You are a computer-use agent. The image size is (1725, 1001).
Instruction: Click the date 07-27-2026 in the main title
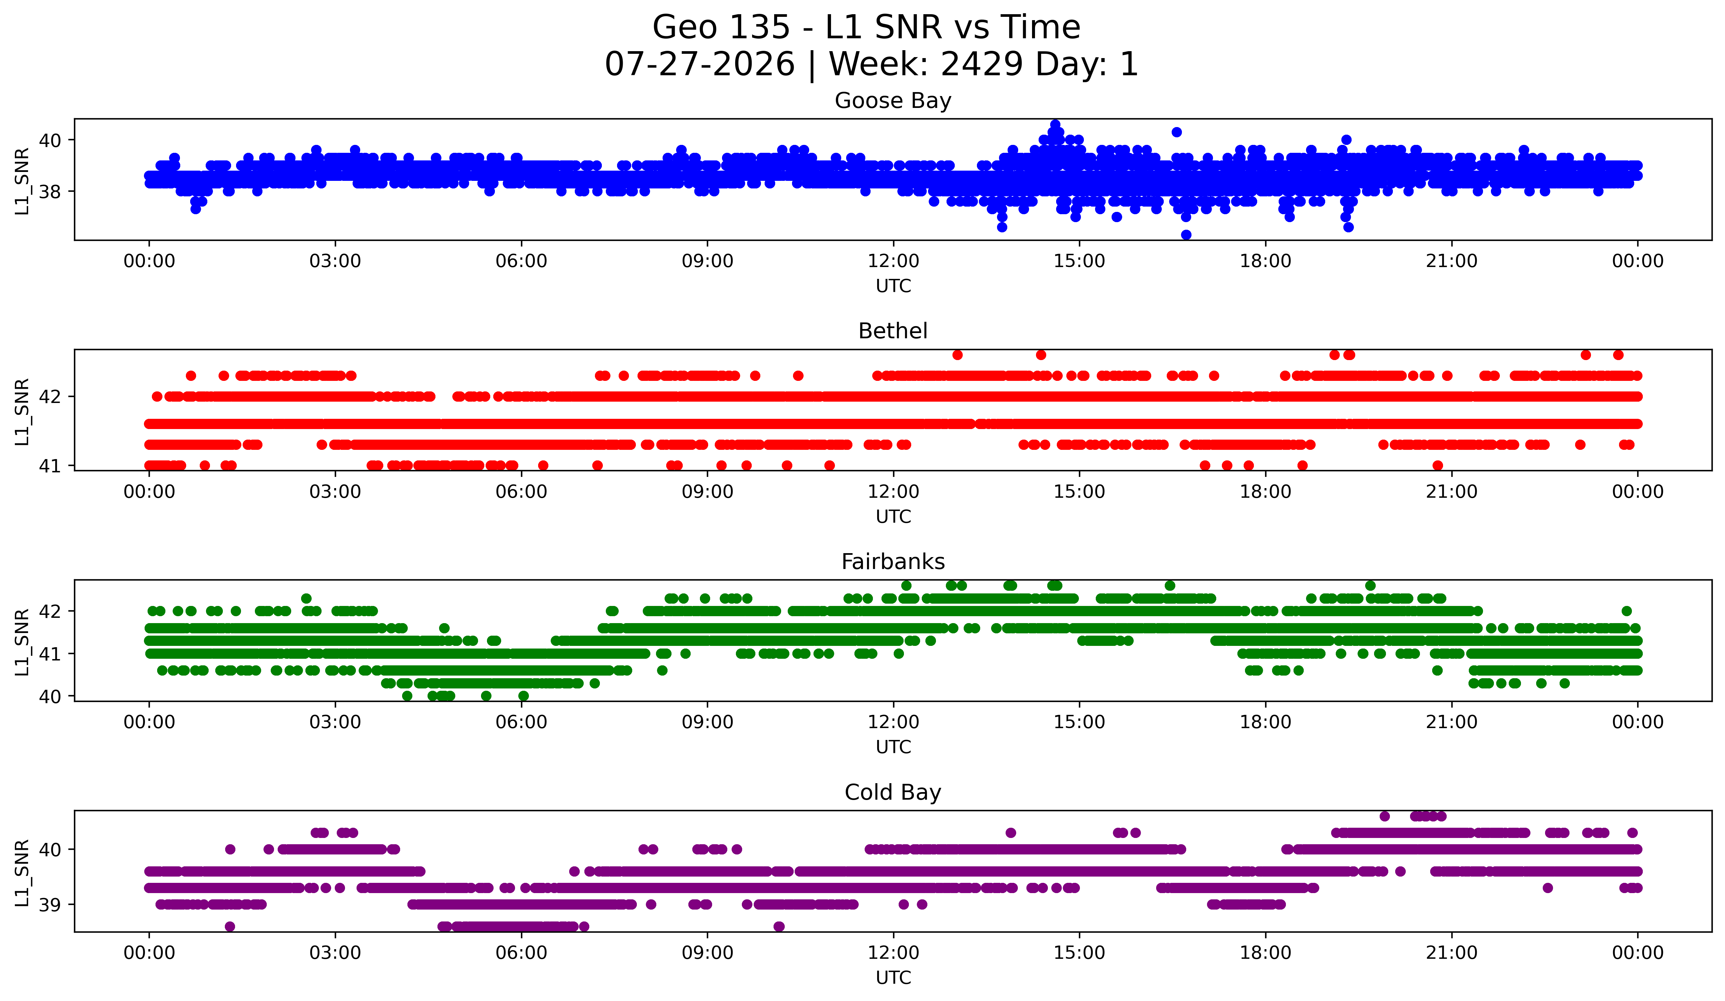tap(700, 64)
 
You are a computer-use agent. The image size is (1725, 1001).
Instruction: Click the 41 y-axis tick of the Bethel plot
tap(50, 466)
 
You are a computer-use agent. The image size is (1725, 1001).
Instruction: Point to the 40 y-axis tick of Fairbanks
tap(50, 696)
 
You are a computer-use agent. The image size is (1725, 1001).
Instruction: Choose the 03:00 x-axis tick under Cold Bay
tap(335, 953)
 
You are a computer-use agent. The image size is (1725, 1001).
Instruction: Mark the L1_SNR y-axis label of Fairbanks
tap(22, 642)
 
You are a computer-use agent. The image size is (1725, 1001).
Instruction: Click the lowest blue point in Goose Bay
tap(1186, 235)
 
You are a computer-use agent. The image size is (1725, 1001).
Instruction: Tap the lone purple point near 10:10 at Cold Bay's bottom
tap(779, 926)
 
